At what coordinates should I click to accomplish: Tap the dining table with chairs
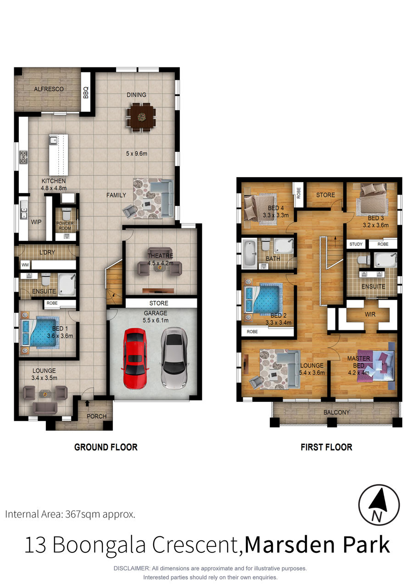tap(141, 117)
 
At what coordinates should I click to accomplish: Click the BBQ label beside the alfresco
tap(86, 93)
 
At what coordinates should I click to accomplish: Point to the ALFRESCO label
tap(49, 89)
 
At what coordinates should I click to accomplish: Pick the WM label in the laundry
tap(25, 265)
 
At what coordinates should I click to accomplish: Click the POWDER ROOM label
tap(65, 226)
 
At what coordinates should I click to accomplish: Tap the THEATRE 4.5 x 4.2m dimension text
tap(160, 259)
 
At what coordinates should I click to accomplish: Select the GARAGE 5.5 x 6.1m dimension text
tap(156, 317)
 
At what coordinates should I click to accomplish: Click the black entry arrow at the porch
tap(87, 403)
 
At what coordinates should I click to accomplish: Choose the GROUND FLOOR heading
tap(106, 447)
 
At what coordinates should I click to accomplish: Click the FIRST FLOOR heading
tap(326, 447)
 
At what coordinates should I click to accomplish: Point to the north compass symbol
tap(379, 505)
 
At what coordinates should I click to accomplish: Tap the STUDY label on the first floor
tap(356, 244)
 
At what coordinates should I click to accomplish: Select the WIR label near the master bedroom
tap(370, 314)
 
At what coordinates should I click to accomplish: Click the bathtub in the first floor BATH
tap(250, 254)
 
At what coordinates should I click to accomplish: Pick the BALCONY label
tap(336, 412)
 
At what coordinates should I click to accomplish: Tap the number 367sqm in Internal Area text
tap(83, 515)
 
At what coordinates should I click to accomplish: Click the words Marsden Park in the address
tap(317, 545)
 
